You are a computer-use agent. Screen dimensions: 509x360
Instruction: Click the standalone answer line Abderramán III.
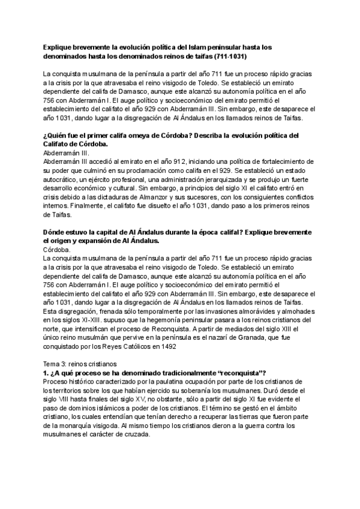(65, 153)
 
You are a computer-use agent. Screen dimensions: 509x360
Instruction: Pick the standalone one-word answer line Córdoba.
(58, 249)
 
